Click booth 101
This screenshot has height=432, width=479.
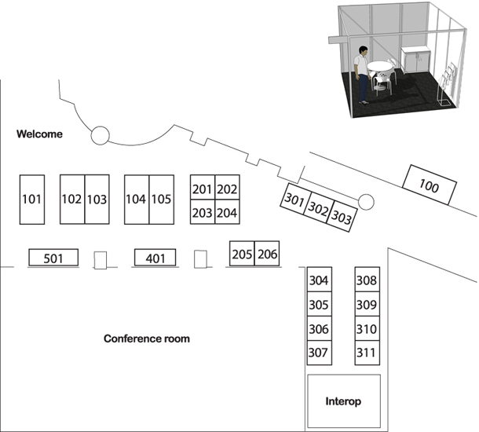coord(32,200)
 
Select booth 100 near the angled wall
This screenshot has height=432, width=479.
coord(430,185)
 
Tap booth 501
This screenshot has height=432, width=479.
coord(53,258)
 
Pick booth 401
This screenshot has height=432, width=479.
coord(155,258)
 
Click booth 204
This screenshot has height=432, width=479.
coord(227,212)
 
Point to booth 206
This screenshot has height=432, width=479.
coord(267,254)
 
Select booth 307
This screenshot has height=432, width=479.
coord(320,353)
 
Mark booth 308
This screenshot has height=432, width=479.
coord(367,280)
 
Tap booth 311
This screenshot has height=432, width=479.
coord(367,353)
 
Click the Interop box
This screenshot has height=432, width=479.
coord(344,401)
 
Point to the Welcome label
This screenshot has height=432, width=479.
coord(39,134)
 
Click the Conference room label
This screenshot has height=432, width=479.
coord(147,339)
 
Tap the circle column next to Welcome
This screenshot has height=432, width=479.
coord(100,135)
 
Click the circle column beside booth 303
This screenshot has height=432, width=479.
coord(366,202)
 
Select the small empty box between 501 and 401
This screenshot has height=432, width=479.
coord(101,260)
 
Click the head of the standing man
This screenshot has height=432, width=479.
coord(364,51)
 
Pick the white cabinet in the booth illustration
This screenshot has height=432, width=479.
coord(415,60)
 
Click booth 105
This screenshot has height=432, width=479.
coord(162,200)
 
